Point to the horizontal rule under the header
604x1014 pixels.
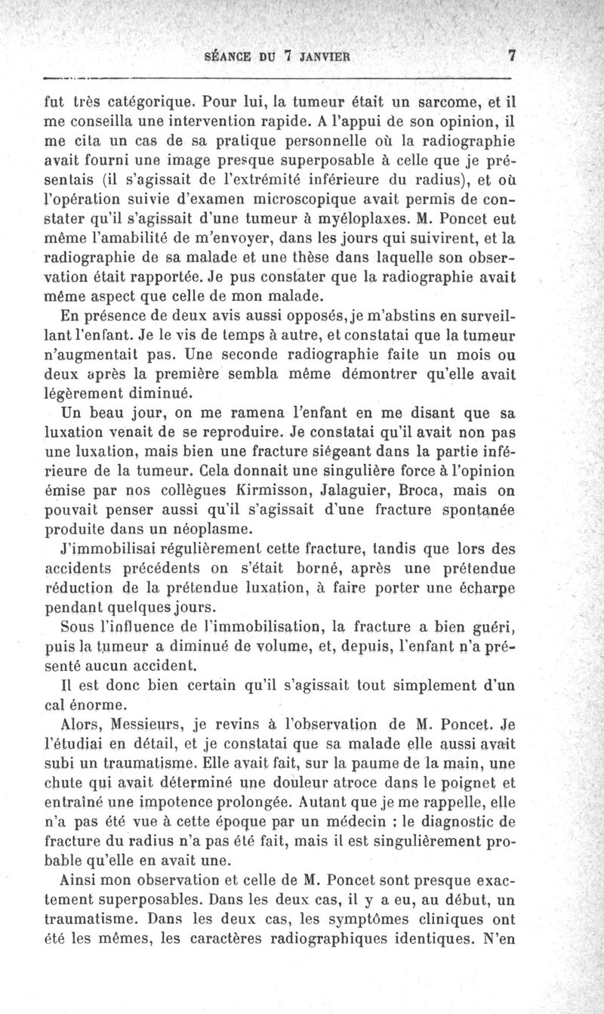tap(279, 77)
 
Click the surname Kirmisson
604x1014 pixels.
tap(254, 491)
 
